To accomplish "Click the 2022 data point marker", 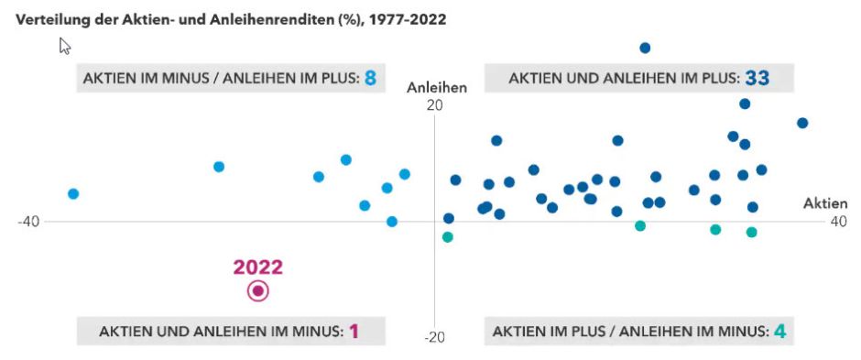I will (258, 291).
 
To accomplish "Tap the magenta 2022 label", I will (258, 267).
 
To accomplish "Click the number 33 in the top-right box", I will (757, 79).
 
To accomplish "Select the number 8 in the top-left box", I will (371, 79).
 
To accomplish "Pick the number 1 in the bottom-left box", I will (354, 331).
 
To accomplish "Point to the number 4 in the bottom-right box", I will (779, 331).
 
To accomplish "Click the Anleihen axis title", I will (437, 88).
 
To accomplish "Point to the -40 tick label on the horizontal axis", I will (29, 222).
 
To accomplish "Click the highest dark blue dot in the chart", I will (645, 48).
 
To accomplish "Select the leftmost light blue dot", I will (73, 193).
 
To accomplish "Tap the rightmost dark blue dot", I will (802, 123).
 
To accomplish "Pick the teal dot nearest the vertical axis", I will (448, 237).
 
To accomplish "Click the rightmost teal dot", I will (751, 232).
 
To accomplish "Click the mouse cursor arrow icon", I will (65, 46).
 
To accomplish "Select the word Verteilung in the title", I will (46, 18).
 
